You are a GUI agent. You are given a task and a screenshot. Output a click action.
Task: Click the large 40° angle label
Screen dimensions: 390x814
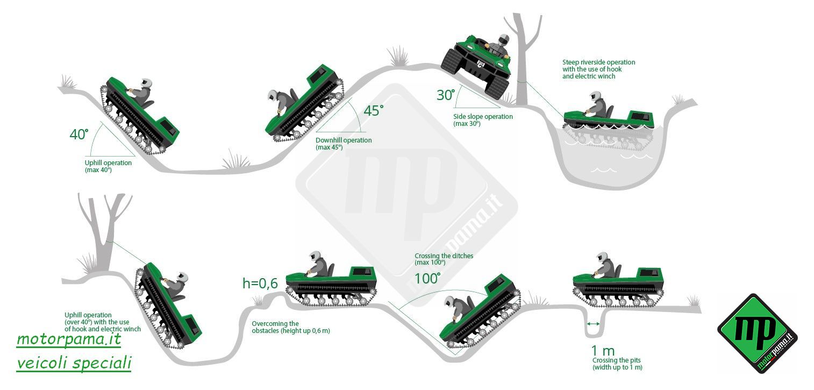pyautogui.click(x=78, y=134)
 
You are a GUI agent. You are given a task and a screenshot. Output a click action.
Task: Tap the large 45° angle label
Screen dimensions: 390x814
pyautogui.click(x=374, y=111)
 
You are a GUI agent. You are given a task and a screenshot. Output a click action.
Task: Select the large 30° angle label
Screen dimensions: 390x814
pyautogui.click(x=446, y=95)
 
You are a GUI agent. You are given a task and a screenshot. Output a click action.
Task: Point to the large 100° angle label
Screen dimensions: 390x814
pyautogui.click(x=427, y=279)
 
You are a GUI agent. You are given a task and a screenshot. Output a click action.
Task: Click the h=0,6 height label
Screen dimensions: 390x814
pyautogui.click(x=260, y=283)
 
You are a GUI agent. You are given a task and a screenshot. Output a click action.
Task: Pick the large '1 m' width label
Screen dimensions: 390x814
pyautogui.click(x=603, y=351)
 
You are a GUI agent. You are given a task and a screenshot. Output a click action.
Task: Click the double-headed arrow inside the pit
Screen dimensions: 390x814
pyautogui.click(x=593, y=323)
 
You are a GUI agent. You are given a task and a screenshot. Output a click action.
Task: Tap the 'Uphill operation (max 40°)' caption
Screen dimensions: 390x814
pyautogui.click(x=108, y=166)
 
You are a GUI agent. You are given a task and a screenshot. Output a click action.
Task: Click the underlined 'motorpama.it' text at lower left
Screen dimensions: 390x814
pyautogui.click(x=69, y=339)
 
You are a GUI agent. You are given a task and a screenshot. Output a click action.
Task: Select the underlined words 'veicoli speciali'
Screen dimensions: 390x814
pyautogui.click(x=74, y=363)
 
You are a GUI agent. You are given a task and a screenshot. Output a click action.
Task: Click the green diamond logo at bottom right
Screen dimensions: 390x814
pyautogui.click(x=757, y=333)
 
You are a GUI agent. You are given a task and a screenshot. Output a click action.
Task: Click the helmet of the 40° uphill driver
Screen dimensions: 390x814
pyautogui.click(x=145, y=83)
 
